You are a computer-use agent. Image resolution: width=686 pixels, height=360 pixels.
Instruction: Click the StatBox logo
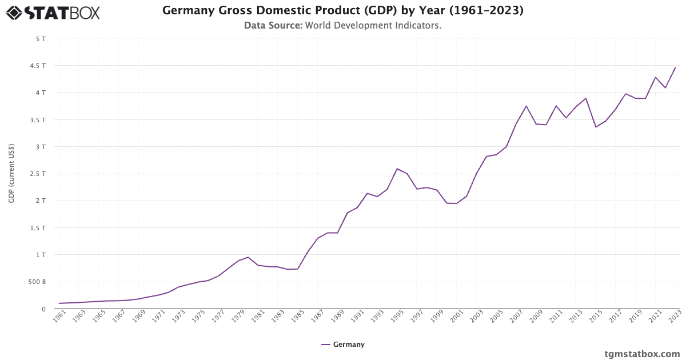[x=53, y=12]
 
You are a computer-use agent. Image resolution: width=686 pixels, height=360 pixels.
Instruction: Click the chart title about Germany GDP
[x=342, y=10]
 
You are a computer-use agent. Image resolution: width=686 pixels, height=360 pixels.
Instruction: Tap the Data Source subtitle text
[x=342, y=25]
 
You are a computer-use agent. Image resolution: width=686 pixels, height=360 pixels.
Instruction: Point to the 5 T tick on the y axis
[x=41, y=39]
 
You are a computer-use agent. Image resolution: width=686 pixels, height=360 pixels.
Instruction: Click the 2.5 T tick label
[x=38, y=174]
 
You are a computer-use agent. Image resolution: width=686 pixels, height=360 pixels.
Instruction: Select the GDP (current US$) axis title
[x=11, y=174]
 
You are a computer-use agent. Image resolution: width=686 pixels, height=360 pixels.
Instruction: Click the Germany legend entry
[x=343, y=345]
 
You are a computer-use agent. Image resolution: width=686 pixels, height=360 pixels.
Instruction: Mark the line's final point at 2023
[x=675, y=67]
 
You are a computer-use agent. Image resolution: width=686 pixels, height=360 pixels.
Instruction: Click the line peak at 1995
[x=397, y=169]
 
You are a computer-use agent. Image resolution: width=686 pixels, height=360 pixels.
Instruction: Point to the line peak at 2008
[x=526, y=106]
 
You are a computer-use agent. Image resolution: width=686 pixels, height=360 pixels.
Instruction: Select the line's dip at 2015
[x=596, y=127]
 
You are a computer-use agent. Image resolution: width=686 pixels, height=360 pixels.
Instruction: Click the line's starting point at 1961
[x=59, y=303]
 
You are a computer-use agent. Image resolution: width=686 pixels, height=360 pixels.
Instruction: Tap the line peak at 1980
[x=248, y=257]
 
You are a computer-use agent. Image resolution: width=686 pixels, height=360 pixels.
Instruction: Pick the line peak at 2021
[x=655, y=77]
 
